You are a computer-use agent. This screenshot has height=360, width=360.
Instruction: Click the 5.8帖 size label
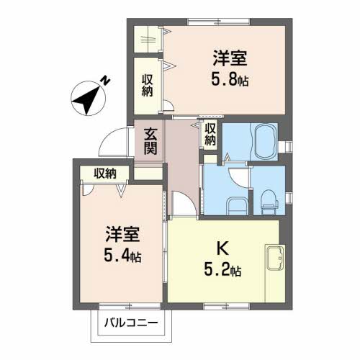[230, 80]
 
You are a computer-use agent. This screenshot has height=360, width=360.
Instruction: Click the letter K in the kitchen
[223, 251]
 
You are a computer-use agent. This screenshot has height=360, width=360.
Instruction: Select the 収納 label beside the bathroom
[210, 135]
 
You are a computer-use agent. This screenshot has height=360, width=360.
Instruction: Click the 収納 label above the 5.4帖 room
[104, 173]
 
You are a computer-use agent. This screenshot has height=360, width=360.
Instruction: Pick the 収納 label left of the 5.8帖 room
[147, 85]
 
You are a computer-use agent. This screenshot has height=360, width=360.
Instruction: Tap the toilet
[269, 201]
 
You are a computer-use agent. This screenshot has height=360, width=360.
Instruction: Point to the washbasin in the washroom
[237, 204]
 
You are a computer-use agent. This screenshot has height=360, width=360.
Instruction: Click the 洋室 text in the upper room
[230, 58]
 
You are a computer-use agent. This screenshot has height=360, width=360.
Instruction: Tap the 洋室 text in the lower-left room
[122, 234]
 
